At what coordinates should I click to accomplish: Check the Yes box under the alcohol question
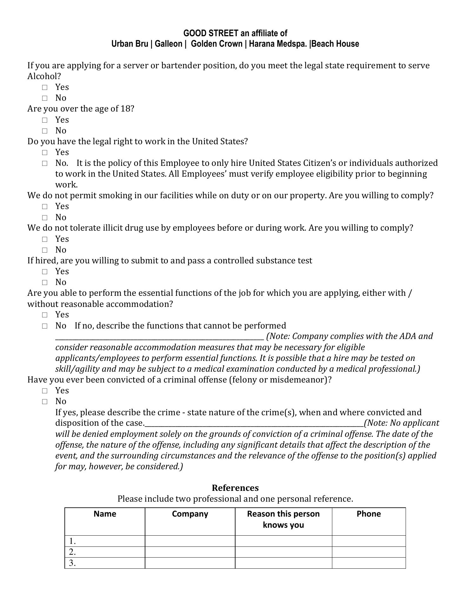(45, 87)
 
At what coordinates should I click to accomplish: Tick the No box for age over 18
(45, 131)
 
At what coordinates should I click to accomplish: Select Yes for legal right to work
(45, 152)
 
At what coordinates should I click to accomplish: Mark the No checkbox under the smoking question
(45, 218)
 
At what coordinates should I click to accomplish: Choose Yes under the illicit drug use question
(45, 239)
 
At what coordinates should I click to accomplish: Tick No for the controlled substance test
(45, 282)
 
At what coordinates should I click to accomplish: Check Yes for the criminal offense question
(45, 391)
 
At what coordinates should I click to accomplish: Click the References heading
(235, 488)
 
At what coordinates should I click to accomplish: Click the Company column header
(190, 514)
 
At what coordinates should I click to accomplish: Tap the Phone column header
(368, 514)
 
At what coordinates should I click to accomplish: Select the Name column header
(105, 514)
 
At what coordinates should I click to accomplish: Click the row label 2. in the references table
(72, 552)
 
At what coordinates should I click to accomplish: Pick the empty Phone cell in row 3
(368, 563)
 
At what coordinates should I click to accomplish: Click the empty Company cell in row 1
(190, 541)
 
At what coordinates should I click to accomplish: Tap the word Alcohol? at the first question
(44, 76)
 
